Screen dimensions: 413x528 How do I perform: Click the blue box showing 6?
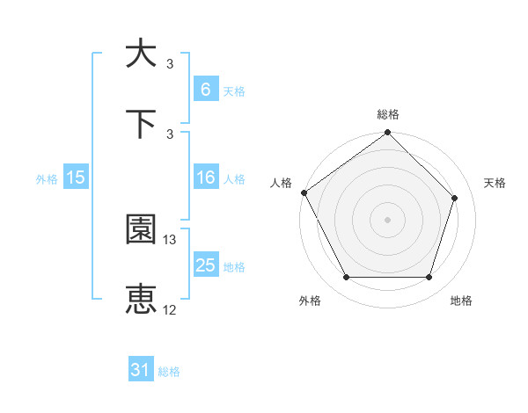click(x=205, y=89)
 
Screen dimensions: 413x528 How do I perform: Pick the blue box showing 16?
click(x=205, y=178)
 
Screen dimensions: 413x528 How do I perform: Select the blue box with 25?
click(x=205, y=265)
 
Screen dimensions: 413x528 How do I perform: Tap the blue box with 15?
click(x=76, y=178)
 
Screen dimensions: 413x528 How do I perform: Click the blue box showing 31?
click(x=140, y=370)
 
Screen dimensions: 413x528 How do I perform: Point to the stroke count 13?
click(x=170, y=239)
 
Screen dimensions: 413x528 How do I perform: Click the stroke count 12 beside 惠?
click(x=170, y=309)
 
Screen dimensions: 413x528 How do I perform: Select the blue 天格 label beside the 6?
click(x=233, y=91)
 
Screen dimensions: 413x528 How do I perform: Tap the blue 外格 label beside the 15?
click(x=47, y=178)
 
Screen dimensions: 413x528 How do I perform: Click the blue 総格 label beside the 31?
click(x=169, y=372)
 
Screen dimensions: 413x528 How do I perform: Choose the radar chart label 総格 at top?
click(x=388, y=114)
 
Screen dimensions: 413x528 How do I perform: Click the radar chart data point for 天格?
click(x=455, y=198)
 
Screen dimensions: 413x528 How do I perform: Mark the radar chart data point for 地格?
click(x=429, y=278)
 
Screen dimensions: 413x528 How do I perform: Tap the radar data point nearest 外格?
click(x=346, y=278)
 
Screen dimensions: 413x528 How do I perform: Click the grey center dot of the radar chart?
click(x=388, y=219)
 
